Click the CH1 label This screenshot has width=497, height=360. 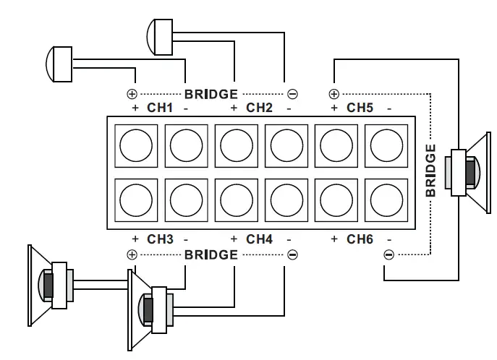(x=161, y=108)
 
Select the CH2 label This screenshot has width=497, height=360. (x=260, y=108)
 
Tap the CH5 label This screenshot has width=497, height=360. (x=360, y=108)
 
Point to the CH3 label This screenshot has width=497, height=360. (x=161, y=239)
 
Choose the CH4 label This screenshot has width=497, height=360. (x=260, y=239)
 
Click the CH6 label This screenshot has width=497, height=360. (x=360, y=239)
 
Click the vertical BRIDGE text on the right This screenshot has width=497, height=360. (x=430, y=171)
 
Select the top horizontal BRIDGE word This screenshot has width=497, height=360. (x=211, y=94)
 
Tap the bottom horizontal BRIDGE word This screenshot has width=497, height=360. (x=211, y=254)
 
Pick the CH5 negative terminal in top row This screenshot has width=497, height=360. (x=386, y=147)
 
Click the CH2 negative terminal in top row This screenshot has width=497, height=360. (x=286, y=147)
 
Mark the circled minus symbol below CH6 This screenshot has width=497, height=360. (x=388, y=254)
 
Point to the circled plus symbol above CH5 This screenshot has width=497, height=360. (x=334, y=94)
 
